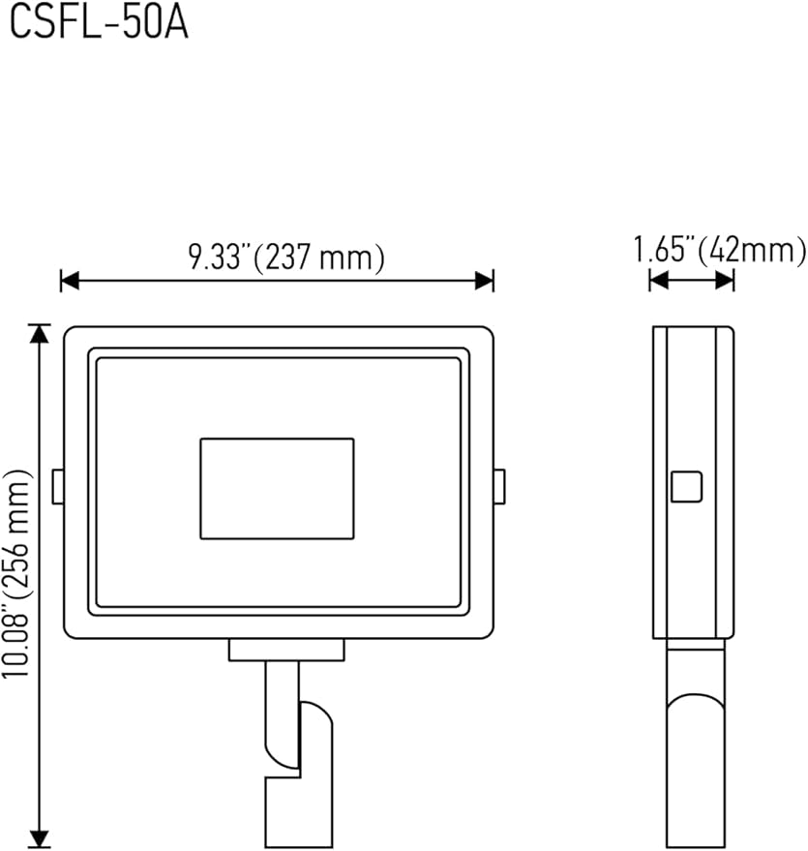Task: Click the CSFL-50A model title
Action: [100, 23]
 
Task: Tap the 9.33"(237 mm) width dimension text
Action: [286, 257]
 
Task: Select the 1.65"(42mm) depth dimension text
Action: [720, 250]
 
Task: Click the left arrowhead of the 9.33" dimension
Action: [70, 281]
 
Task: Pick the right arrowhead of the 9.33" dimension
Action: [484, 281]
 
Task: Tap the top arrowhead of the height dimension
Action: [39, 333]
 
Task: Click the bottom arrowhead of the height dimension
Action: [39, 838]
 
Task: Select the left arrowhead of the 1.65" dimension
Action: [658, 281]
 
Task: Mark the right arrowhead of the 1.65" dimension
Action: [725, 281]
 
